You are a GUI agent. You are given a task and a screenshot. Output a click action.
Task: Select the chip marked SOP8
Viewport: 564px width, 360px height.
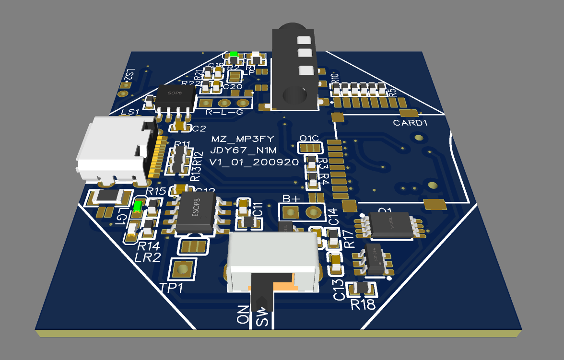[176, 98]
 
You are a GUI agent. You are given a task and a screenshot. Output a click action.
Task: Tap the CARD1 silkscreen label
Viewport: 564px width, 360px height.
[410, 123]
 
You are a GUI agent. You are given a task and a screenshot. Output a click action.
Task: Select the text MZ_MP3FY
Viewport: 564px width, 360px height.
[242, 139]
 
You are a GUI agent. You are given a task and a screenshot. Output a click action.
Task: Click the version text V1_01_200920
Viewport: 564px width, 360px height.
[254, 162]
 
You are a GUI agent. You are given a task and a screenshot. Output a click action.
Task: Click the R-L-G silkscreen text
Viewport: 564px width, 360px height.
[224, 113]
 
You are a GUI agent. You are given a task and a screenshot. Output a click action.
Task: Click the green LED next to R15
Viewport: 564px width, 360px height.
[138, 206]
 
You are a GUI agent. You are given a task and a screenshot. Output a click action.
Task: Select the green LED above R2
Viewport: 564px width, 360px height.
[234, 54]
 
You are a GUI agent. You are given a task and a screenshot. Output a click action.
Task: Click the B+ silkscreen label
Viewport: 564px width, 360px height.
[292, 198]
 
